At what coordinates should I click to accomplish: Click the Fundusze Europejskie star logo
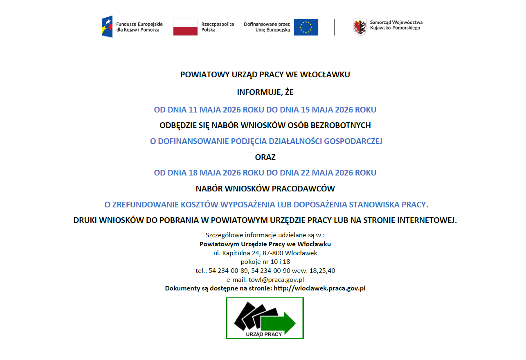click(107, 27)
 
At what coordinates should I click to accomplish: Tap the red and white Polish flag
click(185, 27)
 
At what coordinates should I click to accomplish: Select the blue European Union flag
click(306, 27)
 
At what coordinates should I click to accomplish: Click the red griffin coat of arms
click(360, 27)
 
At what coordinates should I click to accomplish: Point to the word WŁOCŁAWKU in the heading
click(325, 75)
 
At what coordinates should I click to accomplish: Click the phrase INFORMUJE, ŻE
click(265, 92)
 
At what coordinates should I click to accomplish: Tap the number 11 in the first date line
click(193, 110)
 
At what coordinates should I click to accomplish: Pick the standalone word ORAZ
click(265, 157)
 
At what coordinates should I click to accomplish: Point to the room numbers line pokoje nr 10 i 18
click(265, 262)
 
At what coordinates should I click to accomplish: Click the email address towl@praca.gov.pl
click(276, 280)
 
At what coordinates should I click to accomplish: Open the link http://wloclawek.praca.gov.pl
click(319, 288)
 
